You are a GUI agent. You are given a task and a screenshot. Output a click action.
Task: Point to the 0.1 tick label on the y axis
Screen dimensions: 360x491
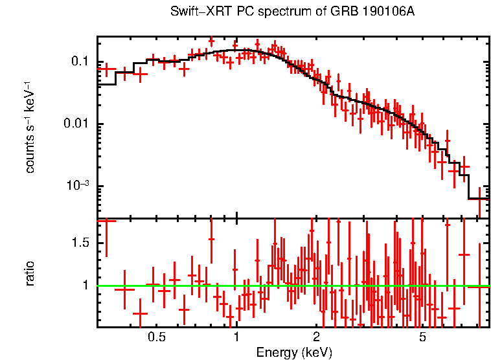80,62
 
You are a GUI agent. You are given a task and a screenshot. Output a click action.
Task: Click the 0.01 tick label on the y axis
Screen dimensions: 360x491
77,124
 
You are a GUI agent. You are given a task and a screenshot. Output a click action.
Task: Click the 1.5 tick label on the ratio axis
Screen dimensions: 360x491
80,243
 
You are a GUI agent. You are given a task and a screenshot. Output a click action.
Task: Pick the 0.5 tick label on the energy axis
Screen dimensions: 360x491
156,338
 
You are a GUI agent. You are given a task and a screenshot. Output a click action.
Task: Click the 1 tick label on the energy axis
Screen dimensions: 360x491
236,338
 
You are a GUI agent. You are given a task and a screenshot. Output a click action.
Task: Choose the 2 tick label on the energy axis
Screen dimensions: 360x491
317,338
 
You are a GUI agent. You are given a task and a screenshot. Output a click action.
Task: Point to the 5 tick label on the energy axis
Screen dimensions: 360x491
422,338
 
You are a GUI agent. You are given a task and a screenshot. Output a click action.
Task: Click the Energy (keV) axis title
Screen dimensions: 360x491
294,352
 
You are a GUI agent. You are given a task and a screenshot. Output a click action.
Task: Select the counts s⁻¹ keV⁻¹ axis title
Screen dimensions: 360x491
30,128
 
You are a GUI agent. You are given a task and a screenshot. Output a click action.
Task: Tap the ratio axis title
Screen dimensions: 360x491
30,273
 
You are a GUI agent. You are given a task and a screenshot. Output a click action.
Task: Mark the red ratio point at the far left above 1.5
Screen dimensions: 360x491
106,221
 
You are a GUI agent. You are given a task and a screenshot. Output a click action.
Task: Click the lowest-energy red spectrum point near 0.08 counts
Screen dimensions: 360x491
106,68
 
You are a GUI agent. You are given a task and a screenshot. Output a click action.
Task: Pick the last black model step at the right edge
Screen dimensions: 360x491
479,199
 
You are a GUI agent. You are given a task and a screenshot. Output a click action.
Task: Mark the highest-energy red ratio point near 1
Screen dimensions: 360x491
479,286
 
